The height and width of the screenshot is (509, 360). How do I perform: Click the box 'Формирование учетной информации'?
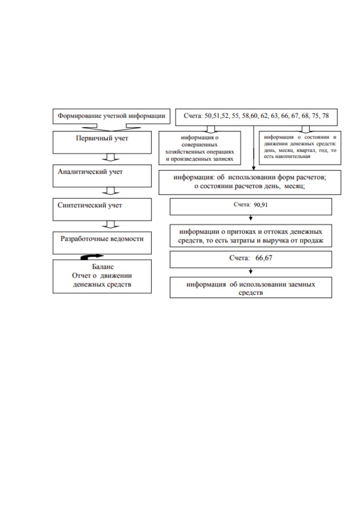pyautogui.click(x=111, y=116)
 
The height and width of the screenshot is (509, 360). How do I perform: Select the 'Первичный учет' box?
pyautogui.click(x=102, y=142)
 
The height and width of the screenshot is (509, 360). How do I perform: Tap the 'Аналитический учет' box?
pyautogui.click(x=102, y=176)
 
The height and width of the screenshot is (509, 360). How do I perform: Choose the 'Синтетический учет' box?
pyautogui.click(x=102, y=209)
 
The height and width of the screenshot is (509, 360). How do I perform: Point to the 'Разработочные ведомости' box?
pyautogui.click(x=102, y=243)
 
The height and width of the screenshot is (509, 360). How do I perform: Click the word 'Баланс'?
pyautogui.click(x=103, y=267)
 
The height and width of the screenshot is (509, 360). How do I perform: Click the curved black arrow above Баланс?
pyautogui.click(x=92, y=257)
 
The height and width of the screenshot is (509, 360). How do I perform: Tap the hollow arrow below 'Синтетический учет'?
pyautogui.click(x=110, y=224)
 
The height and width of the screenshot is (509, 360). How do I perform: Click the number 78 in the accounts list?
pyautogui.click(x=325, y=116)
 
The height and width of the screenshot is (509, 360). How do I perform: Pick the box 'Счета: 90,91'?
pyautogui.click(x=251, y=206)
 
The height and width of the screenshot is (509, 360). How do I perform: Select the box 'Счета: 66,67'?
pyautogui.click(x=251, y=260)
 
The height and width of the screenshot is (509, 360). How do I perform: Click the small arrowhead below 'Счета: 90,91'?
pyautogui.click(x=251, y=219)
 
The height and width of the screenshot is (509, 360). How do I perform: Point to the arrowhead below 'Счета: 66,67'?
pyautogui.click(x=251, y=271)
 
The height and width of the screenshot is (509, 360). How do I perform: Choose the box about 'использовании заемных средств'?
pyautogui.click(x=251, y=287)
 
